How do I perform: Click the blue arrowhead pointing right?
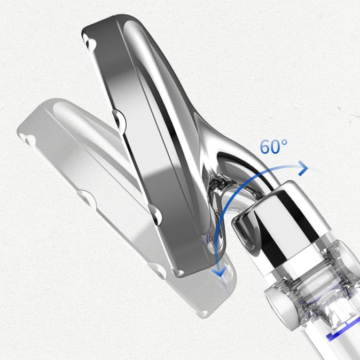303,168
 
